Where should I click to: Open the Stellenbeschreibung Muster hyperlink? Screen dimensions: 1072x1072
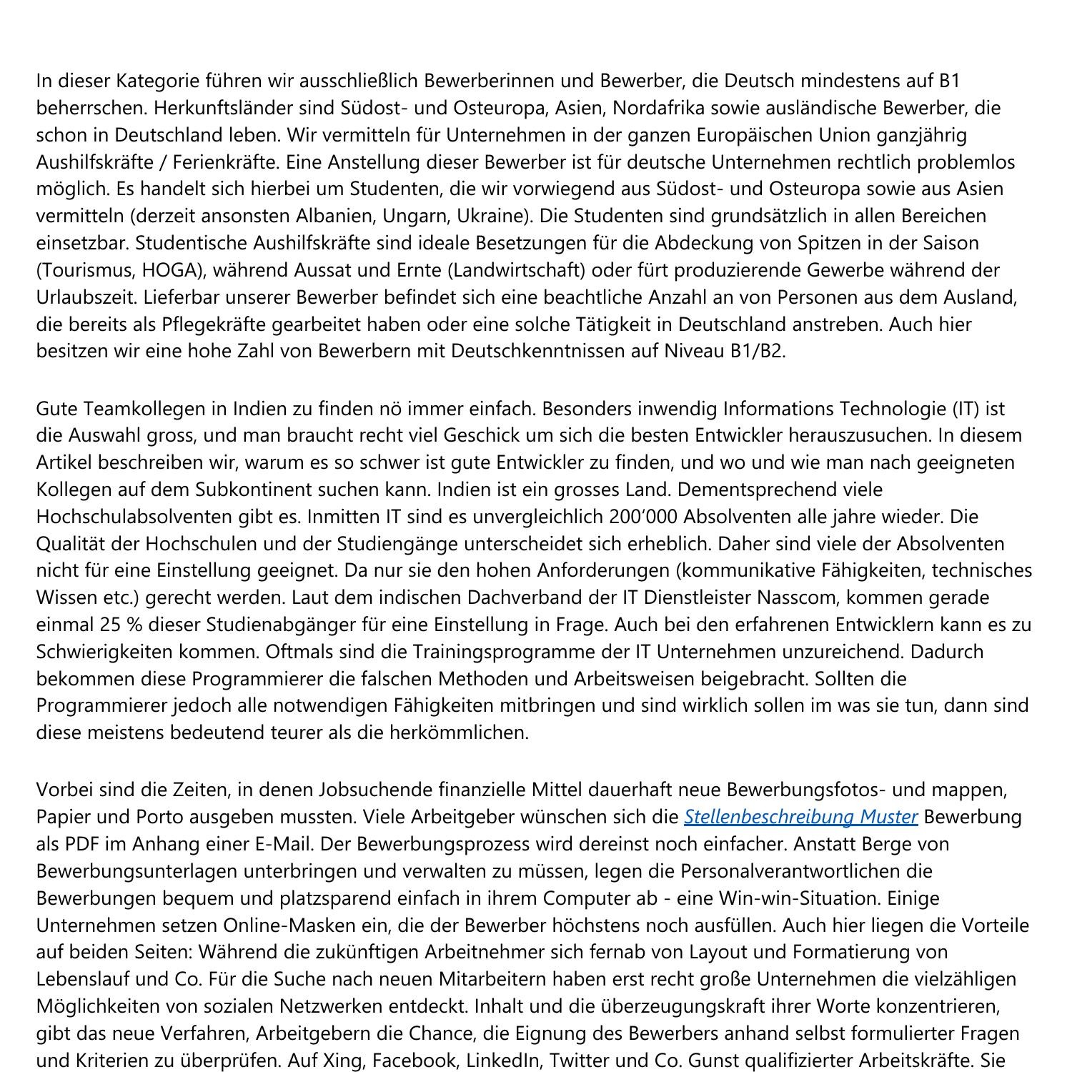pos(800,817)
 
